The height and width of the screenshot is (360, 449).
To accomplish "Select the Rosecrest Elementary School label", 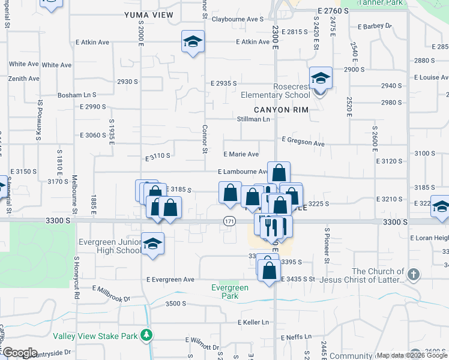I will click(275, 91).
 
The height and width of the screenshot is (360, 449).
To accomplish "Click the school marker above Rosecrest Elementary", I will click(321, 78).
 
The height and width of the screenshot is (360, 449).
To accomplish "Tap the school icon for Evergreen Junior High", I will click(152, 244).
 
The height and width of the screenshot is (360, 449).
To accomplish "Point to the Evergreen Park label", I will click(230, 292).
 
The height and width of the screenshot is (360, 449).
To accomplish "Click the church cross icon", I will click(413, 275).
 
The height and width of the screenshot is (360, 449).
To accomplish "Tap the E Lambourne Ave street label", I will click(243, 172).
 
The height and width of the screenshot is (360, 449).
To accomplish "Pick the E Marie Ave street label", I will click(241, 154).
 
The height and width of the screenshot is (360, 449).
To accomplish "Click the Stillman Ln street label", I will click(254, 119).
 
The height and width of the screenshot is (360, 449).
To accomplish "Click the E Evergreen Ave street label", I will click(170, 280).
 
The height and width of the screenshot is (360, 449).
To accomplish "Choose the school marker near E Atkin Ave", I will click(193, 42).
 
